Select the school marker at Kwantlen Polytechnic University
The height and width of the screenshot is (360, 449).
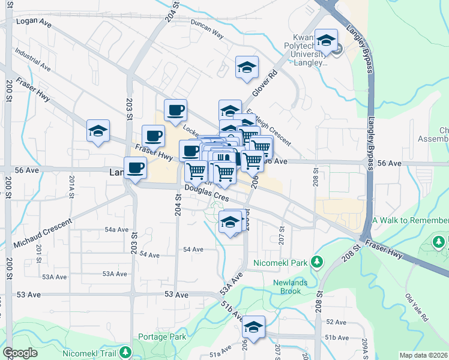point(327,41)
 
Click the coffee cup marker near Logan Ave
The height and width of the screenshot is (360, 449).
point(175,110)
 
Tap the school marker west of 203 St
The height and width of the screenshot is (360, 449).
point(98,131)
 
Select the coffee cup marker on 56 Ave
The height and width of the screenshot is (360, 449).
point(135,168)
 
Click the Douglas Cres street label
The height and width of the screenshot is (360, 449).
point(207,193)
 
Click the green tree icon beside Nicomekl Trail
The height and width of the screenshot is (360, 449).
point(125,351)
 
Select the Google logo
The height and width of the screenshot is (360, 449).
point(20,353)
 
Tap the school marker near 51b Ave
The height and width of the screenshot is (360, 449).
point(254,327)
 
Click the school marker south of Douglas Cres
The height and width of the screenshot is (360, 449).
point(230,222)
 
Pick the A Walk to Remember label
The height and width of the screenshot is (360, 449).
point(410,220)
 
